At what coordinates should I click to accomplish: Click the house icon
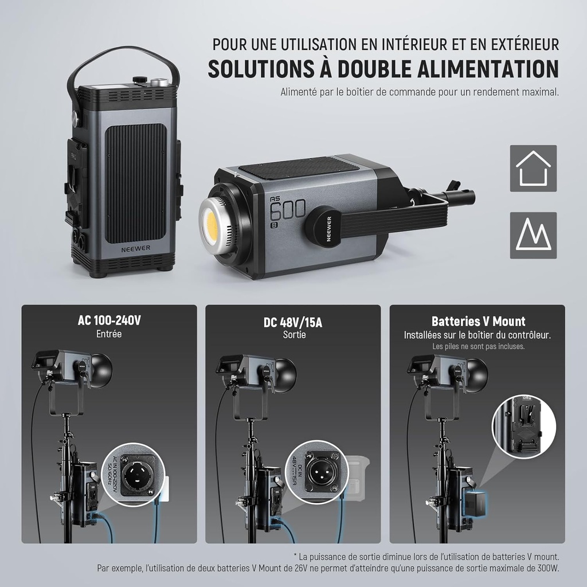(x=533, y=168)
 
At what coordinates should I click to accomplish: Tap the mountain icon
(x=533, y=235)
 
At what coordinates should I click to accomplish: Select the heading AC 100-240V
(x=109, y=320)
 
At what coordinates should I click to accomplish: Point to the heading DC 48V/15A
(x=293, y=322)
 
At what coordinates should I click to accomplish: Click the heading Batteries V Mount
(x=478, y=322)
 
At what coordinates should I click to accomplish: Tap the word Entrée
(x=109, y=334)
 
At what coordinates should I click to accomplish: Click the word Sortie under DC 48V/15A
(x=294, y=335)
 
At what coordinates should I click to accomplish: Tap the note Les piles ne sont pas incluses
(x=478, y=347)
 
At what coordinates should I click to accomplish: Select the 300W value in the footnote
(x=547, y=568)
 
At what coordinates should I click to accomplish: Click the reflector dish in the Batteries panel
(x=477, y=373)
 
